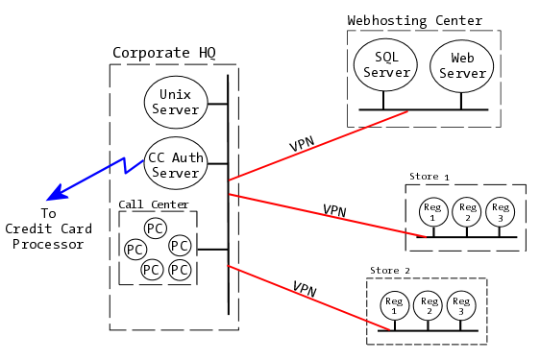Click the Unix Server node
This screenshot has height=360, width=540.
click(175, 102)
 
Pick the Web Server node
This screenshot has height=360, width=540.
click(461, 66)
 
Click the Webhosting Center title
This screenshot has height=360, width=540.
click(414, 20)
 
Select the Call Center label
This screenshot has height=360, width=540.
click(154, 204)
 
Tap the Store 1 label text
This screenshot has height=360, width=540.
click(429, 177)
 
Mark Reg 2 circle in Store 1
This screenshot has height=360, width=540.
click(466, 212)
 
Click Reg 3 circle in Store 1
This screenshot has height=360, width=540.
click(499, 212)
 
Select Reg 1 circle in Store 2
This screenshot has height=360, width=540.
click(394, 305)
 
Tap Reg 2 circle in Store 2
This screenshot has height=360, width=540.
click(428, 305)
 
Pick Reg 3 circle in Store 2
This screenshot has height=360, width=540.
click(460, 305)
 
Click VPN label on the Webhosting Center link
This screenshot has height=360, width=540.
click(303, 145)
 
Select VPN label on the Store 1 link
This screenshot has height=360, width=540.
click(334, 210)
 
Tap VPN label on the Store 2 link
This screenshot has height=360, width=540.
click(305, 289)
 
